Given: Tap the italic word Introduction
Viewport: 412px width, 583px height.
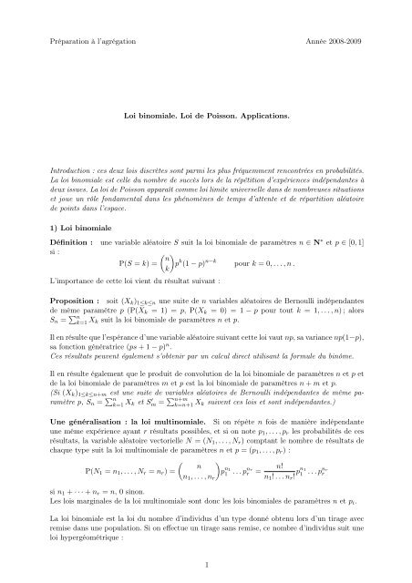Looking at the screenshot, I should [x=72, y=171].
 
